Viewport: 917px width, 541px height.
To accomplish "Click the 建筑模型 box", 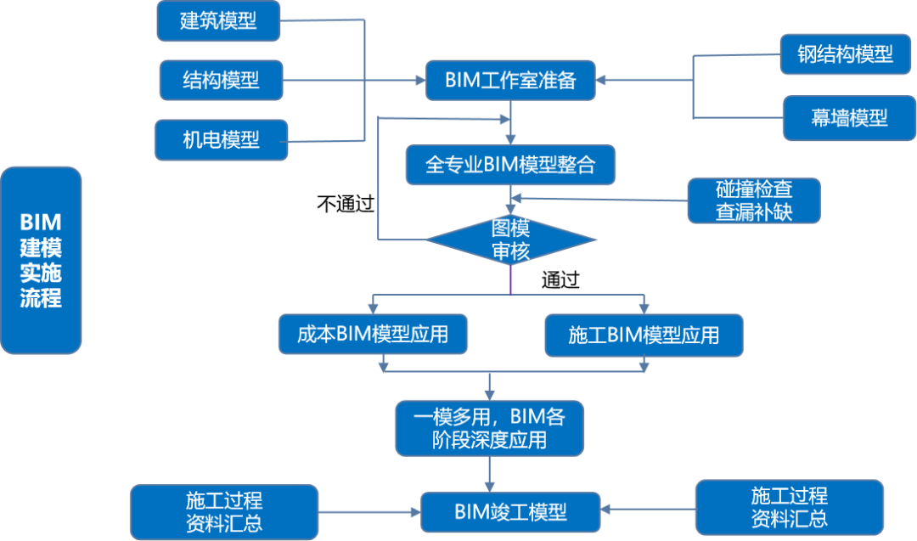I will click(x=218, y=20).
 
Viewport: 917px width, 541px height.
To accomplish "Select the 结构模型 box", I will click(x=221, y=80).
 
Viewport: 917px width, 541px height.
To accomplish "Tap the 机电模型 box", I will click(x=221, y=139).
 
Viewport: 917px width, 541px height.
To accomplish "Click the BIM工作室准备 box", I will click(x=509, y=80).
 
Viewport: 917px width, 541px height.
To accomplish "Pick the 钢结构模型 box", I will click(x=845, y=54).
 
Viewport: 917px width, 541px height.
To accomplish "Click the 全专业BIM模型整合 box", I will click(x=509, y=165).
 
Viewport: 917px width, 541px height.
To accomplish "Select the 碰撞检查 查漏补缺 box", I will click(x=754, y=200).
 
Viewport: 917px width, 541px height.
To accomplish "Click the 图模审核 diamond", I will click(x=510, y=240).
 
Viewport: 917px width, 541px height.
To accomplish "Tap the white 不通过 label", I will click(x=345, y=204).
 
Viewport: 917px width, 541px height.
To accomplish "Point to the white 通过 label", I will click(x=560, y=280).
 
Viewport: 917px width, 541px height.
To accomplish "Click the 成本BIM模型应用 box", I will click(x=373, y=334).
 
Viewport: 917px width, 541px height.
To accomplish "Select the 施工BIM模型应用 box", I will click(x=644, y=335).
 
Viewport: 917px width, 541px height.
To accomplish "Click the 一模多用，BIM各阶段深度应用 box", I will click(x=489, y=428).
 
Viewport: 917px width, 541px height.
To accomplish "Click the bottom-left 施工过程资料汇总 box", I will click(x=224, y=511).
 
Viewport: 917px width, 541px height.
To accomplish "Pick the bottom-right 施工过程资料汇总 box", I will click(x=789, y=507).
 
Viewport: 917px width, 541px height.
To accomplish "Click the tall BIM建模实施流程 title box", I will click(x=41, y=260).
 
